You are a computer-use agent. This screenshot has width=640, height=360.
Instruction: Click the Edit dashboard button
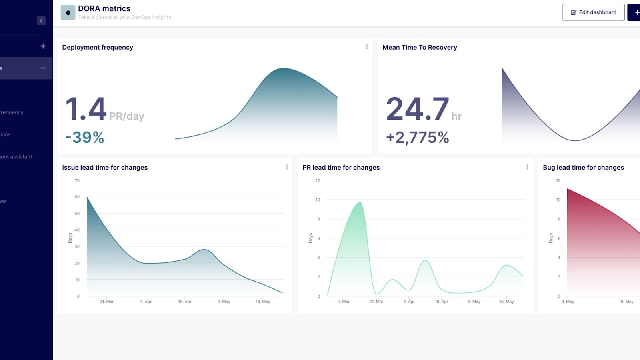pos(593,12)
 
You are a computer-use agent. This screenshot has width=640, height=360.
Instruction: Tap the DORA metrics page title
pos(104,8)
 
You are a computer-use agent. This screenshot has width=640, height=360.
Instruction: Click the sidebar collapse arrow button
pos(41,21)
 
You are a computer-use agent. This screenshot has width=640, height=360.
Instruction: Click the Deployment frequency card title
pos(98,47)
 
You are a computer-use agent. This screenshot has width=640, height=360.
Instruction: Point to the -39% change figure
pos(85,138)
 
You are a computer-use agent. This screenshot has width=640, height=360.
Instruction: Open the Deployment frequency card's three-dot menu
pos(366,47)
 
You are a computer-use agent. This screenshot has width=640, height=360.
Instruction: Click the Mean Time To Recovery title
pos(420,47)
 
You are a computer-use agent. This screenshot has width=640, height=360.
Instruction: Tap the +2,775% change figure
pos(417,138)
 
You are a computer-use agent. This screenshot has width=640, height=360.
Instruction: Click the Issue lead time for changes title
pos(105,168)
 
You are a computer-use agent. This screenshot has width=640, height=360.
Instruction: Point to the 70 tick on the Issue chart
pos(77,181)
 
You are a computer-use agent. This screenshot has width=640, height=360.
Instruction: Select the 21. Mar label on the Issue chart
pos(107,302)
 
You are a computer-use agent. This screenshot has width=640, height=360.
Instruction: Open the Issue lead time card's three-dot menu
pos(287,167)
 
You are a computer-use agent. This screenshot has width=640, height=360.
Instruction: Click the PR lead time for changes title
pos(341,168)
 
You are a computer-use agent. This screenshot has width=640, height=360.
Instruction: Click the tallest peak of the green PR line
pos(360,203)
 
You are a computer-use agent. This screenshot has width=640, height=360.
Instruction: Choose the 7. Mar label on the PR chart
pos(344,302)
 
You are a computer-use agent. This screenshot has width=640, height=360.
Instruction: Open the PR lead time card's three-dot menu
pos(527,167)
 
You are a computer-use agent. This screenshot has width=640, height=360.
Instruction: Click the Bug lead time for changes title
pos(583,168)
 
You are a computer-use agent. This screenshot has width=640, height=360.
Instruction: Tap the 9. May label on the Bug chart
pos(568,302)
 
